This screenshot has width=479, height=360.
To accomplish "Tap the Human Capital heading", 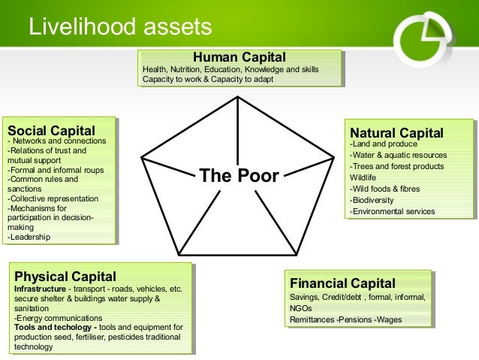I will (239, 56).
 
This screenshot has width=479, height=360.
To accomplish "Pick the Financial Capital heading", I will (342, 283).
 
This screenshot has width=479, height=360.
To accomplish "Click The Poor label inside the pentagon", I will (238, 177).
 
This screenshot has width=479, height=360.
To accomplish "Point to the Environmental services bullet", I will (392, 212).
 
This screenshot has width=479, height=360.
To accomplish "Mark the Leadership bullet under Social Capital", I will (29, 237).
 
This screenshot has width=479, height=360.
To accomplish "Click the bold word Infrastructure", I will (40, 289).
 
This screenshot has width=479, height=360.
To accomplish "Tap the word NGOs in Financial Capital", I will (301, 308).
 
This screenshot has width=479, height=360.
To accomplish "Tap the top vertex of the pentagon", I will (238, 100).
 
